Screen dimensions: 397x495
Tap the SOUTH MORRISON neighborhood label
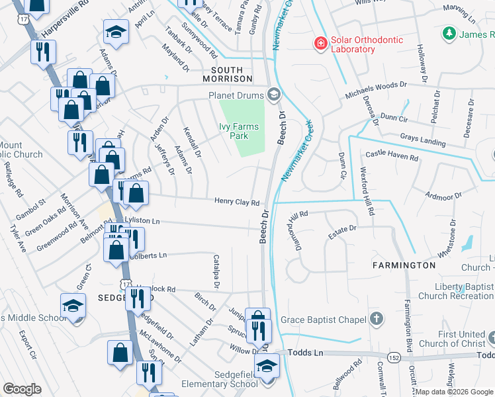232,75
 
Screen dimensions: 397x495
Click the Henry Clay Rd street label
236,202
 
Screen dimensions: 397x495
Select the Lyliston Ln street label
142,220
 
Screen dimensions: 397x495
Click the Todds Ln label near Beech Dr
308,353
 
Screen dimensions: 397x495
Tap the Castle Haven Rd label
392,157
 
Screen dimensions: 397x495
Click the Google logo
22,389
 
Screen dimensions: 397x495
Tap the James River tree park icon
450,33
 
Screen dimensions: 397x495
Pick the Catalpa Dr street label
216,272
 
